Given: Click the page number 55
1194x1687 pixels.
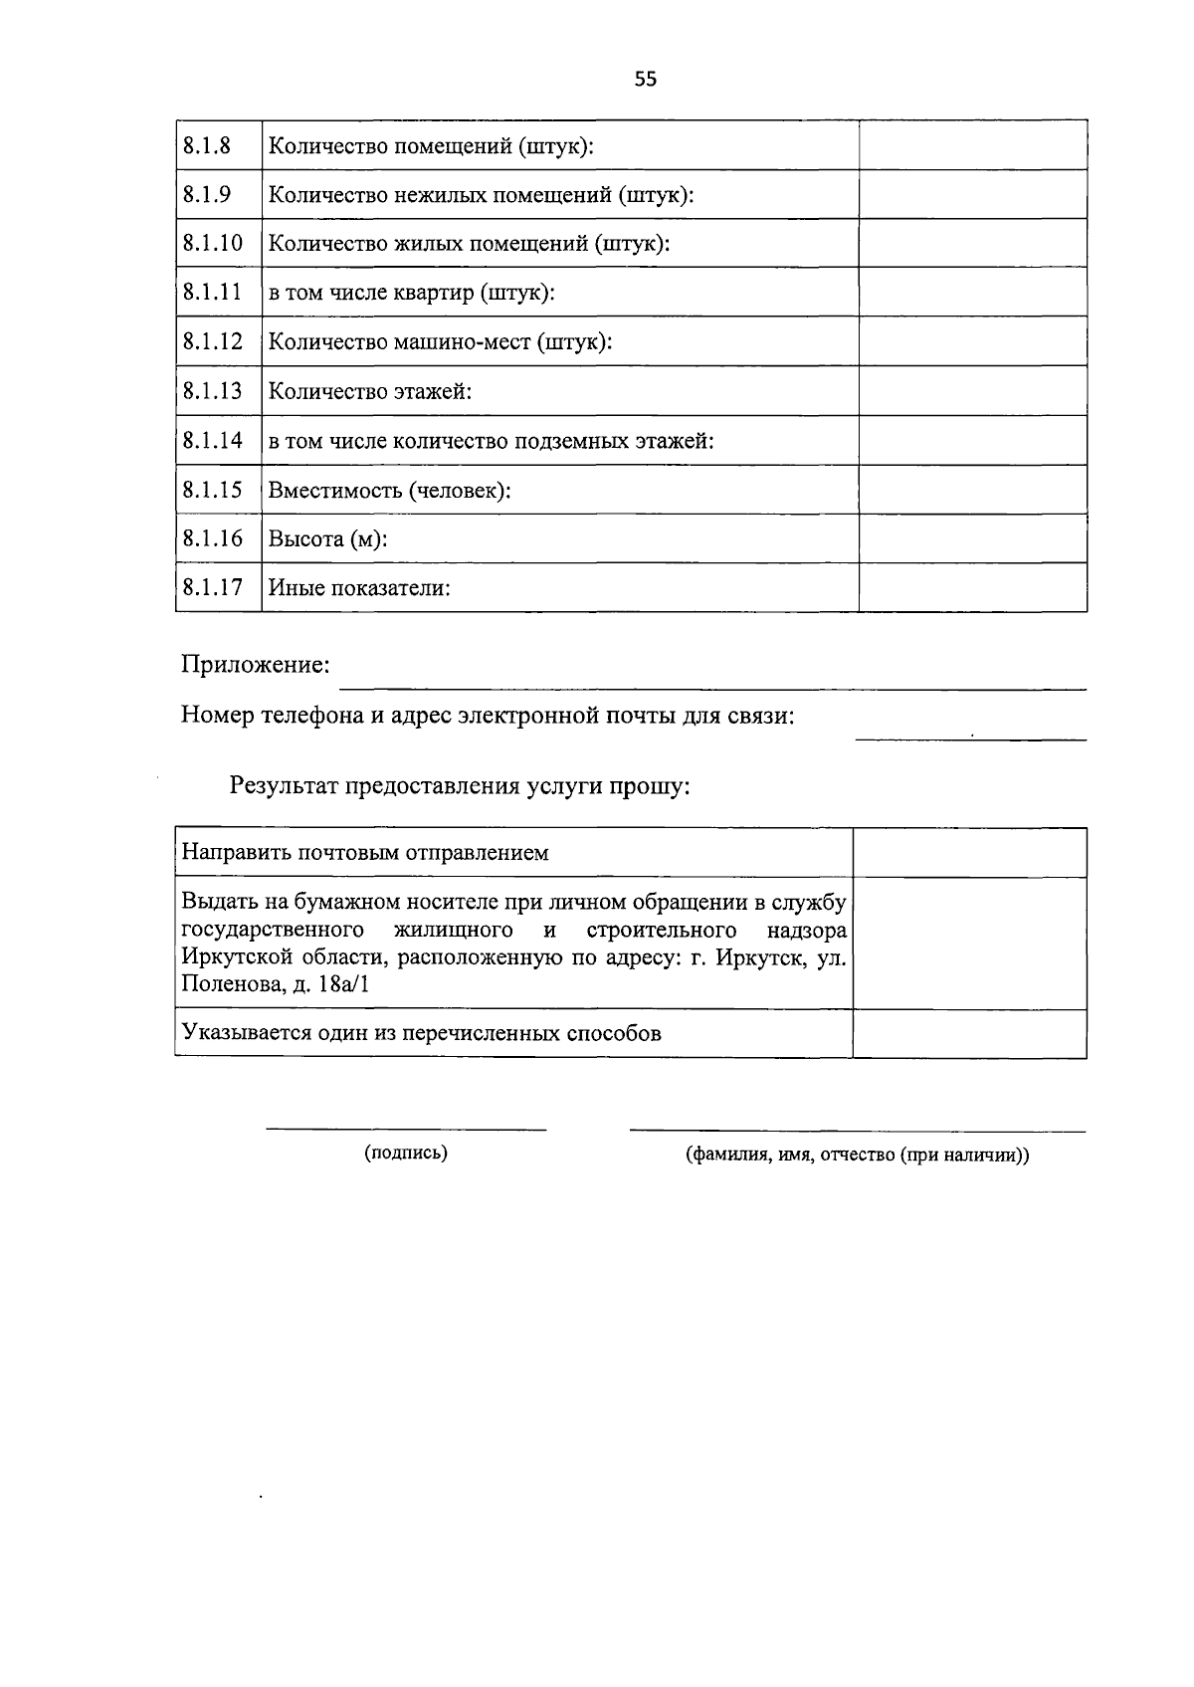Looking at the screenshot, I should pos(645,80).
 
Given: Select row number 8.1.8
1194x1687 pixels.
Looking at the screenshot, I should pos(207,145).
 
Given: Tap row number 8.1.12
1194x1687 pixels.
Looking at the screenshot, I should pos(213,341).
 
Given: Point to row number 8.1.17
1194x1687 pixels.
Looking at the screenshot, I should pos(213,587).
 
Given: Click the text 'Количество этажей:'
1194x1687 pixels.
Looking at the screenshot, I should pos(370,392).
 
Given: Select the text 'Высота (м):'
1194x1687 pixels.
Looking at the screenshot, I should pos(327,539).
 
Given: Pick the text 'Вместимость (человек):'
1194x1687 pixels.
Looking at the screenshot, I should pos(389,491).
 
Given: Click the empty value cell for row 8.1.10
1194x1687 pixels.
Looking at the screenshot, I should pos(972,243).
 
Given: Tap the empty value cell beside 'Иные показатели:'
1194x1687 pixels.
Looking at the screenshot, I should pos(972,587).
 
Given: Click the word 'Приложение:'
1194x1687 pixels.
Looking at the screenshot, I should pos(255,665).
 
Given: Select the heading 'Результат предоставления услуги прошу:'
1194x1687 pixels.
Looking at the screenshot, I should pos(460,786).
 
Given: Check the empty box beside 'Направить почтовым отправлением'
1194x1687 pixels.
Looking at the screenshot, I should pos(969,853).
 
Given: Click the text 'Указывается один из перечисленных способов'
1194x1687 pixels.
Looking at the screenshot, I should pos(421,1033).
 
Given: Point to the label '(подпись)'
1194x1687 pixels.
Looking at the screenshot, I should pos(406,1154).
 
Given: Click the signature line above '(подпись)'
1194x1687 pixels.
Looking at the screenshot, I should pos(406,1129).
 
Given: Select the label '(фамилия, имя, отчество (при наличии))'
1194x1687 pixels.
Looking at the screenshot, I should pos(857,1156).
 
